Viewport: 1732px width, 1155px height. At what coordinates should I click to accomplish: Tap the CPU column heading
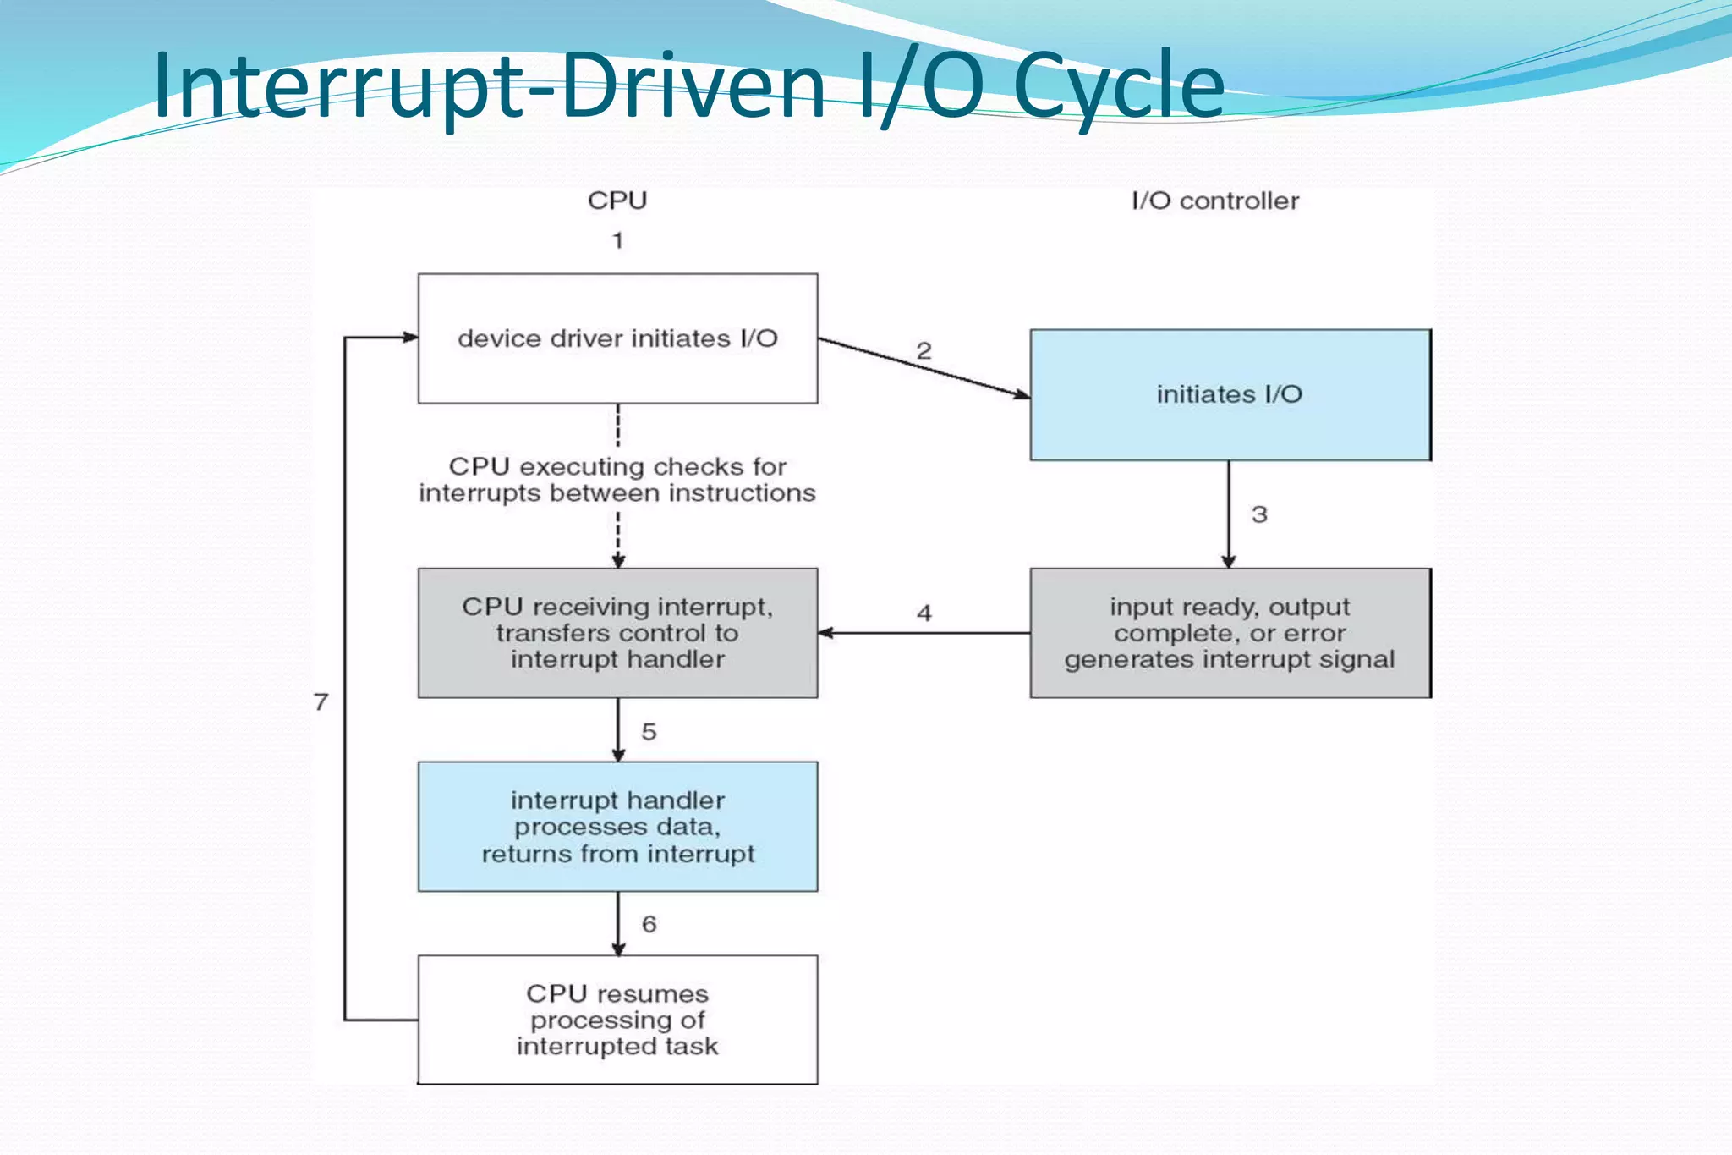pyautogui.click(x=617, y=201)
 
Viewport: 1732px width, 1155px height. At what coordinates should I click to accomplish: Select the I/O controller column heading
pyautogui.click(x=1214, y=201)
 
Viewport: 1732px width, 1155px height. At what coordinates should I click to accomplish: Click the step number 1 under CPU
pyautogui.click(x=618, y=240)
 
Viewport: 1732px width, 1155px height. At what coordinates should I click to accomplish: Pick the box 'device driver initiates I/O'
pyautogui.click(x=617, y=338)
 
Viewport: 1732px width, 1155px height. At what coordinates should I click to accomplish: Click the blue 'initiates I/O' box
pyautogui.click(x=1230, y=394)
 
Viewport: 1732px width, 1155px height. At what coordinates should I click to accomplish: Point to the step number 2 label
pyautogui.click(x=924, y=350)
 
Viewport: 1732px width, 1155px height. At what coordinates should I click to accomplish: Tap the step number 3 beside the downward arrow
pyautogui.click(x=1259, y=514)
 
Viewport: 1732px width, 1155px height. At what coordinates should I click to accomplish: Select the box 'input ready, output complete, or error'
pyautogui.click(x=1230, y=633)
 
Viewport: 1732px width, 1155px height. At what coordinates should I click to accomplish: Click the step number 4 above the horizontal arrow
pyautogui.click(x=924, y=613)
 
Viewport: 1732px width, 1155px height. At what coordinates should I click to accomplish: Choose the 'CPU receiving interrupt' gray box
pyautogui.click(x=617, y=633)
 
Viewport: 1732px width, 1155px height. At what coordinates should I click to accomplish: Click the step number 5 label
pyautogui.click(x=649, y=732)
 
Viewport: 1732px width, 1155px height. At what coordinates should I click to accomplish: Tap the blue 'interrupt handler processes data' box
pyautogui.click(x=617, y=827)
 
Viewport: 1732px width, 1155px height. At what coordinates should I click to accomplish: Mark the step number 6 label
pyautogui.click(x=649, y=924)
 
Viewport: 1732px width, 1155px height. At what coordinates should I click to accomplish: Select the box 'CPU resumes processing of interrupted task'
pyautogui.click(x=617, y=1020)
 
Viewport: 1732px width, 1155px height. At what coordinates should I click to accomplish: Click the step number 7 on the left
pyautogui.click(x=321, y=701)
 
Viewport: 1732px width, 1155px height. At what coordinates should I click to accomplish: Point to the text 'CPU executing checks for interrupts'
pyautogui.click(x=617, y=480)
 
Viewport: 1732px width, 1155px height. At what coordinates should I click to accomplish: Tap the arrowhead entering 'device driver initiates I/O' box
pyautogui.click(x=411, y=338)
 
